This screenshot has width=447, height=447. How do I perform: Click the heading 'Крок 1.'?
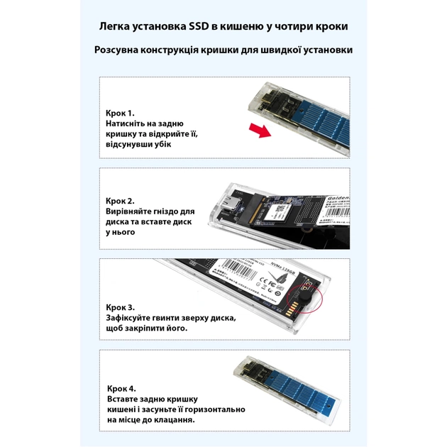point(119,114)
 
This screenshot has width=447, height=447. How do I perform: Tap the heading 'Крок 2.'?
point(119,201)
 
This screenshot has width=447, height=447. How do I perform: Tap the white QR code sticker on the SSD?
point(280,211)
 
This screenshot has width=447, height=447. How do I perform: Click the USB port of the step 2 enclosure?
point(231,206)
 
